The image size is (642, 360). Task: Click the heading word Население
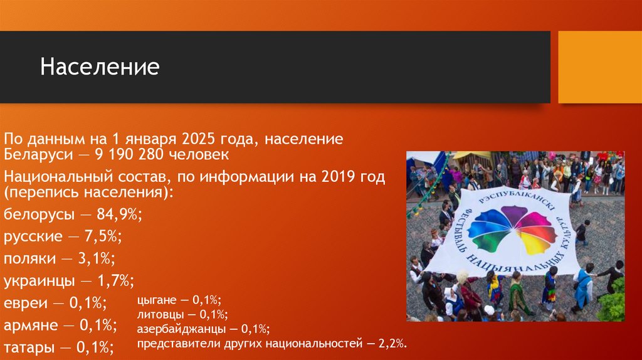click(x=100, y=67)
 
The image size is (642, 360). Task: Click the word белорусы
click(x=37, y=214)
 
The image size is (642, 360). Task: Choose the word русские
click(x=33, y=236)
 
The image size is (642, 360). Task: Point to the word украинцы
click(x=37, y=280)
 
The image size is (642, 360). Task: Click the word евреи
click(x=26, y=304)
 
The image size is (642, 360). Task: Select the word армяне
click(x=31, y=325)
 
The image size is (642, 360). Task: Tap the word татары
click(x=29, y=347)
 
